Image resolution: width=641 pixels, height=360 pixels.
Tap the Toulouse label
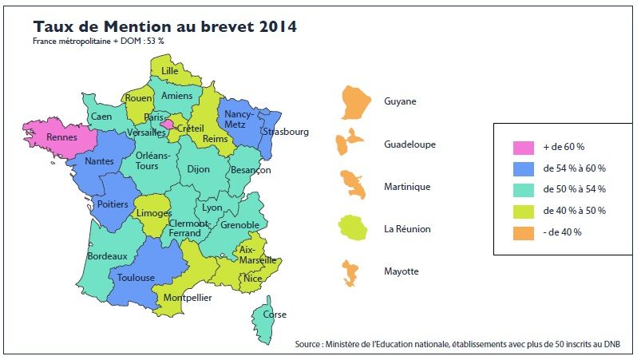[135, 278]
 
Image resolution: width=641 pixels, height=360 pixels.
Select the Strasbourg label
[287, 132]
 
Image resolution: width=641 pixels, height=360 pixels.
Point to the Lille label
[170, 71]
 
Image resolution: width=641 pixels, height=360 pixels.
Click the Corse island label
[275, 315]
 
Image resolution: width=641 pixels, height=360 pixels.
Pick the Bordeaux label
[108, 255]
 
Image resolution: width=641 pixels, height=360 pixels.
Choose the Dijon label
[198, 169]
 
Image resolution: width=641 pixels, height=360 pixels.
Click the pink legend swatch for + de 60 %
[522, 148]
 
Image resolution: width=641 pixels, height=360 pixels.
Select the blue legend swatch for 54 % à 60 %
[522, 168]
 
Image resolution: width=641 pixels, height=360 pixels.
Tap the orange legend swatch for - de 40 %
[522, 232]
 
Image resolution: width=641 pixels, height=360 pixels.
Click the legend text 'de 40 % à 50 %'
[574, 211]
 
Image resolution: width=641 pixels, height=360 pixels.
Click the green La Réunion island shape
[351, 227]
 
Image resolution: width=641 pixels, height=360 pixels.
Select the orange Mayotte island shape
[349, 271]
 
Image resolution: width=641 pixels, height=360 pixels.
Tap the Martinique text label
[407, 187]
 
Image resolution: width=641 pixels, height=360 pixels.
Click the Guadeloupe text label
[410, 144]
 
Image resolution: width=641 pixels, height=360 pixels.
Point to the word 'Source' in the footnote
[307, 345]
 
